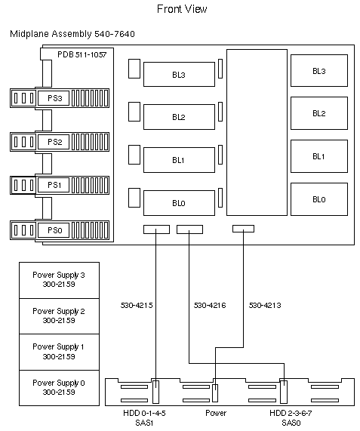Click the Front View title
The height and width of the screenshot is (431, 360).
[x=182, y=9]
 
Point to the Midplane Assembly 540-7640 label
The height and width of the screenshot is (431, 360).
[x=72, y=35]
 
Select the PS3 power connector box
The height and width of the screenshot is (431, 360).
[x=54, y=97]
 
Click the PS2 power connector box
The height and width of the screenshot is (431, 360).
[x=54, y=141]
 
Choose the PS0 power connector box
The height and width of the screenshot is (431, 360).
[x=54, y=229]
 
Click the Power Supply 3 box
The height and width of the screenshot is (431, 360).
[x=59, y=280]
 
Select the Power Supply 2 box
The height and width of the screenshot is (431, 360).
[x=59, y=316]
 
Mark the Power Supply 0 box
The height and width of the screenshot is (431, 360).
[x=59, y=388]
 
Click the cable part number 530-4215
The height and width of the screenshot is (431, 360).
[x=137, y=306]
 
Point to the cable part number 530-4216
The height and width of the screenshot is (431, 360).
[x=210, y=306]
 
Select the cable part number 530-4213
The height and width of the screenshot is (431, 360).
[x=265, y=306]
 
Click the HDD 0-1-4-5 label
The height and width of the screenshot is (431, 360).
[x=144, y=413]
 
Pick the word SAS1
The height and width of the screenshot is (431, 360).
[x=144, y=423]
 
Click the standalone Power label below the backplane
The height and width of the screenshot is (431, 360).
[x=216, y=413]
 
